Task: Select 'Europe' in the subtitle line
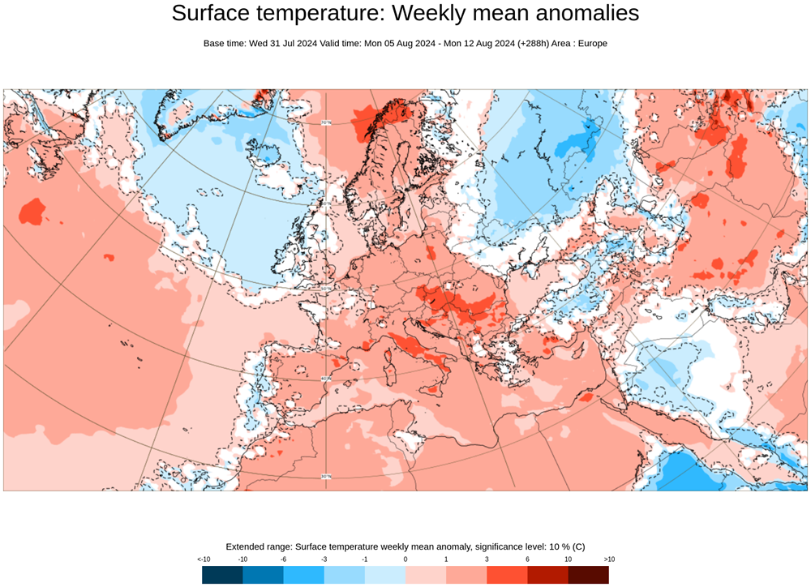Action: click(590, 43)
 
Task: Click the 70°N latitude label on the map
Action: click(326, 123)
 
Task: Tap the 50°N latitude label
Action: click(326, 289)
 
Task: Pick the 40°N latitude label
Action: click(326, 378)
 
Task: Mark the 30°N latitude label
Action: click(326, 476)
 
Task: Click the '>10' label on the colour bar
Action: click(608, 559)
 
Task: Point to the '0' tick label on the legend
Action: click(405, 559)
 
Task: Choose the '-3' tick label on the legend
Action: click(324, 559)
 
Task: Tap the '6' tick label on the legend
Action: click(527, 559)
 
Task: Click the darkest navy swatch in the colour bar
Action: click(222, 575)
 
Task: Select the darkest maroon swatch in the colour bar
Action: click(588, 575)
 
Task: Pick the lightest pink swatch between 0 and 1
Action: click(426, 575)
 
